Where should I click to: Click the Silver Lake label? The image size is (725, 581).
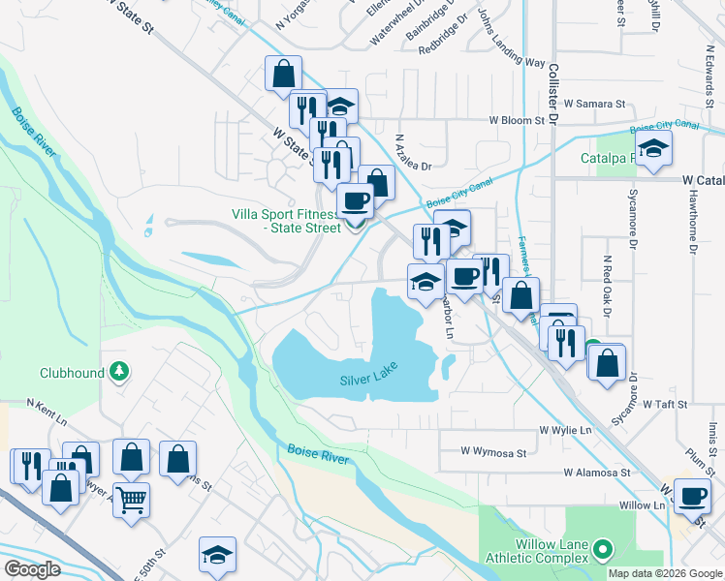[369, 381]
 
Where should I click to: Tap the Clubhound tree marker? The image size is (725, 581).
[119, 371]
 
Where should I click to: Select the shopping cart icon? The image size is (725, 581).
[131, 500]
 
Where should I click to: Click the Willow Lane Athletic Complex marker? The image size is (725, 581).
[603, 551]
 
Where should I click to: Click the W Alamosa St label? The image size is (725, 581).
[598, 474]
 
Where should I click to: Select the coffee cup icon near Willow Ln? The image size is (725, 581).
[692, 496]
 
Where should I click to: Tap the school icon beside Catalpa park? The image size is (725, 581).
[654, 149]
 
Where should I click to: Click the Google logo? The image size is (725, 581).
[32, 569]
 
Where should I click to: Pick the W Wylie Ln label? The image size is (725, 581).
[566, 429]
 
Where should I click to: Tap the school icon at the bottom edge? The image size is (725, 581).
[217, 554]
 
